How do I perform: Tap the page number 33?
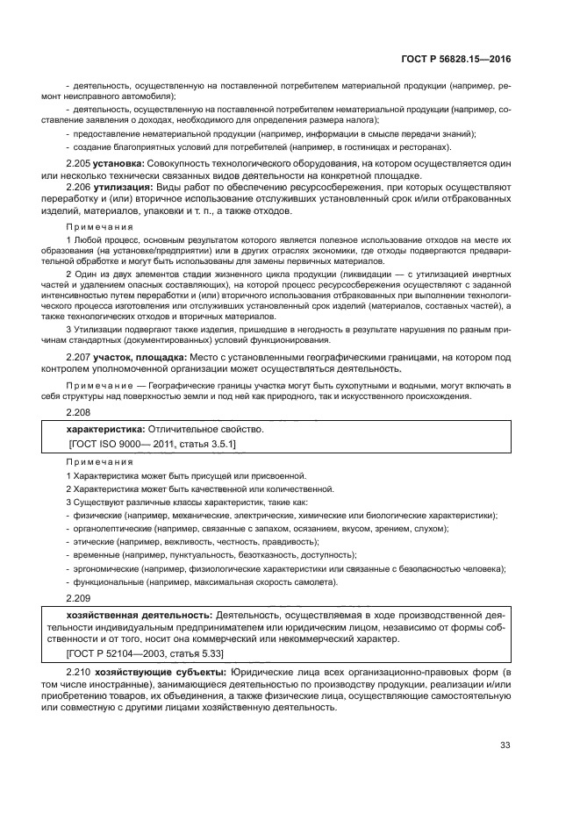pos(505,745)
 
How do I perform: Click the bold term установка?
pos(120,164)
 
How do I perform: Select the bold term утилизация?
pos(123,188)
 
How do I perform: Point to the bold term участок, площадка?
pos(141,358)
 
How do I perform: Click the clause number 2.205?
pos(80,164)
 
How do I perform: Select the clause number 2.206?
pos(80,188)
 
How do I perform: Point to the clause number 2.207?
pos(80,358)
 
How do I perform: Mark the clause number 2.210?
pos(80,671)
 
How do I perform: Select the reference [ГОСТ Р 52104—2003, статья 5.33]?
pos(145,653)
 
